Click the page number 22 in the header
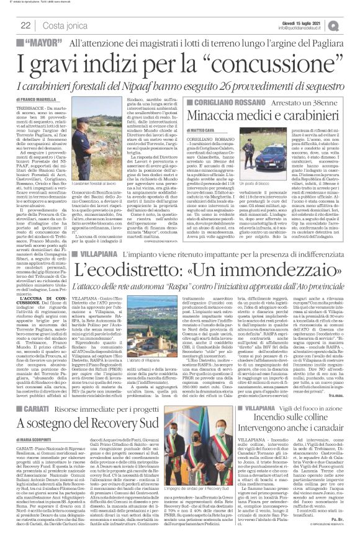[x=27, y=24]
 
